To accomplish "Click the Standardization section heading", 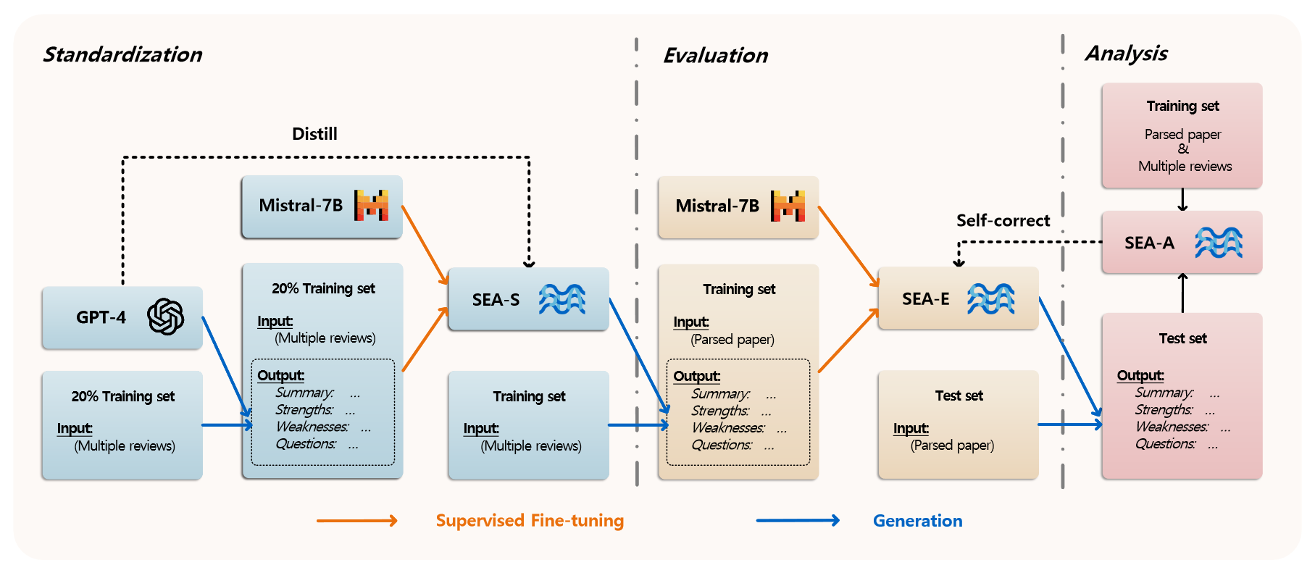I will click(122, 54).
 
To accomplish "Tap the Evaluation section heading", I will click(715, 56).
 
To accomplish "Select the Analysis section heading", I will click(1126, 53).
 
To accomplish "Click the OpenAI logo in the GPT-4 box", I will click(165, 317).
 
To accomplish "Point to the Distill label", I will click(314, 134).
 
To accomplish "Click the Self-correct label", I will click(1003, 221).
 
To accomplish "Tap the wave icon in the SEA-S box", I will click(562, 299).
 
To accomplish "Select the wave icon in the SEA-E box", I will click(991, 298).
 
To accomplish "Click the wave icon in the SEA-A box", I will click(1219, 243).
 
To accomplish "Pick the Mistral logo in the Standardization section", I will click(371, 206).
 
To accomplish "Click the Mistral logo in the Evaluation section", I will click(788, 206).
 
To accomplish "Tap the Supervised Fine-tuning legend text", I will click(530, 521).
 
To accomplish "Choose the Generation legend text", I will click(917, 521).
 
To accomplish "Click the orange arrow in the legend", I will click(356, 521).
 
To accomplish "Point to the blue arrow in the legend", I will click(797, 520).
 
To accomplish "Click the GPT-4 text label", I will click(101, 317).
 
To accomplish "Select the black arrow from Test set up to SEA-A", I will click(1182, 293).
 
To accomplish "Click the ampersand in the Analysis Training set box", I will click(1183, 149).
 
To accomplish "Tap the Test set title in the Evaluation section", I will click(959, 396).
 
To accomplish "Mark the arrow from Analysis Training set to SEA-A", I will click(1182, 199).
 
